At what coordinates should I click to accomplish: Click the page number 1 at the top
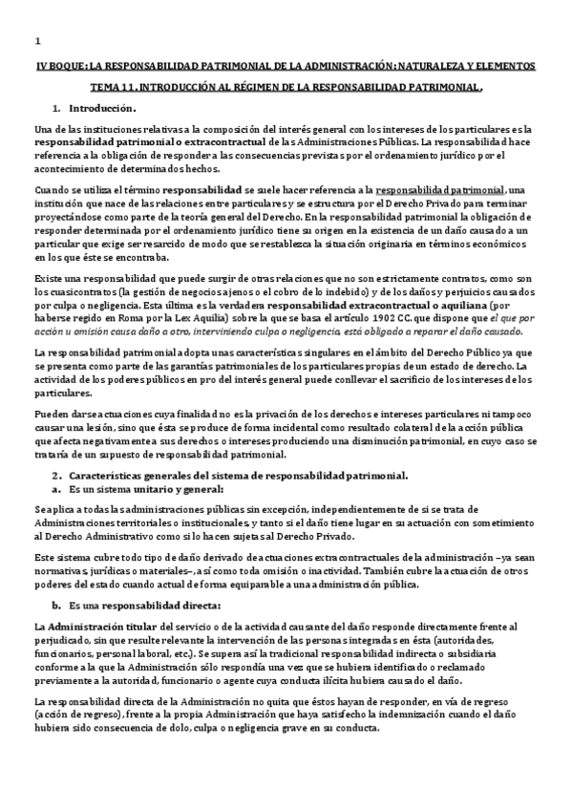[x=36, y=41]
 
